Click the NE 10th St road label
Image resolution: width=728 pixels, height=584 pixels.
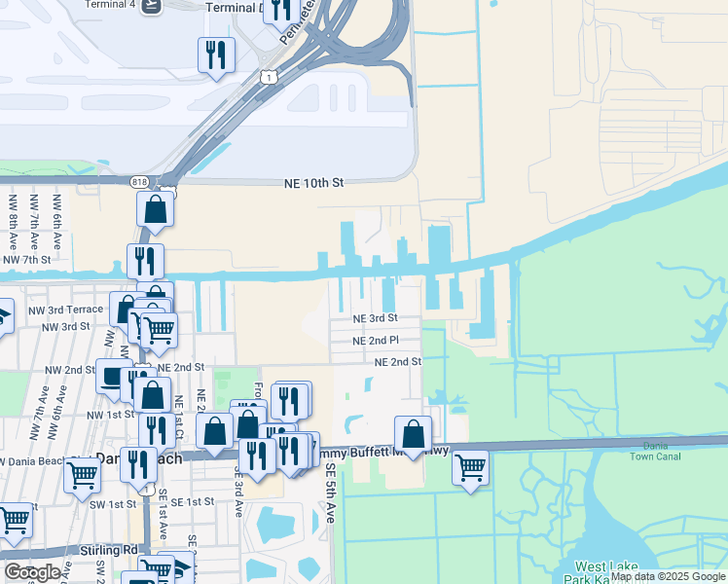pyautogui.click(x=313, y=182)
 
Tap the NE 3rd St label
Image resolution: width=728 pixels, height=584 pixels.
pyautogui.click(x=375, y=318)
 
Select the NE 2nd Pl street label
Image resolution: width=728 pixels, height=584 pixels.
pyautogui.click(x=376, y=341)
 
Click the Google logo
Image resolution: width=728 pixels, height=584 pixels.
pyautogui.click(x=31, y=571)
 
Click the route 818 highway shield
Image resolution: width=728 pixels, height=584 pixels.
pyautogui.click(x=140, y=181)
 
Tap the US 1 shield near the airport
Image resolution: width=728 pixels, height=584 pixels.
pyautogui.click(x=269, y=75)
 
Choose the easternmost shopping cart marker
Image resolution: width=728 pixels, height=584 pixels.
pyautogui.click(x=470, y=468)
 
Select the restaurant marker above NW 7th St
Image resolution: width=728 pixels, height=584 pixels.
pyautogui.click(x=145, y=261)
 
